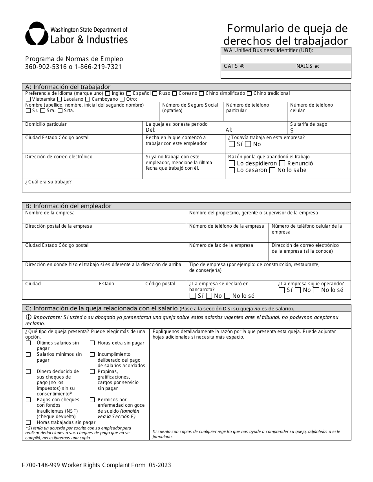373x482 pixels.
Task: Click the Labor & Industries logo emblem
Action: (x=37, y=34)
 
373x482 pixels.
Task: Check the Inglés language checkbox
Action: (x=107, y=94)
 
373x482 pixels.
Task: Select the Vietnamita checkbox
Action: (x=28, y=100)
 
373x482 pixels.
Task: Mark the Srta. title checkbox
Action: (x=60, y=111)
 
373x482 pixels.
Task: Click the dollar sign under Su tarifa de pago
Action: (x=292, y=130)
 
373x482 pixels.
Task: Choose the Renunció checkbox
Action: (x=282, y=163)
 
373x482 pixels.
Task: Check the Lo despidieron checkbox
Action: (x=232, y=163)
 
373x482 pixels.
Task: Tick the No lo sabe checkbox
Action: (x=272, y=170)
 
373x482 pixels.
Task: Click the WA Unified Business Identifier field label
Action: (x=268, y=51)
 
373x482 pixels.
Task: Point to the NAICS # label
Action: (x=307, y=66)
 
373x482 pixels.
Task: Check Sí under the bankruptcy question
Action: (x=193, y=296)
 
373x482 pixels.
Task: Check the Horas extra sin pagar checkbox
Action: (x=92, y=343)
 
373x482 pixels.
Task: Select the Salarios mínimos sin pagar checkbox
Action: (x=28, y=354)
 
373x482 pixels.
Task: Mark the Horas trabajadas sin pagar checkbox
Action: (x=28, y=422)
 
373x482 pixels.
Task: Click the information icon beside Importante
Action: (x=29, y=317)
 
